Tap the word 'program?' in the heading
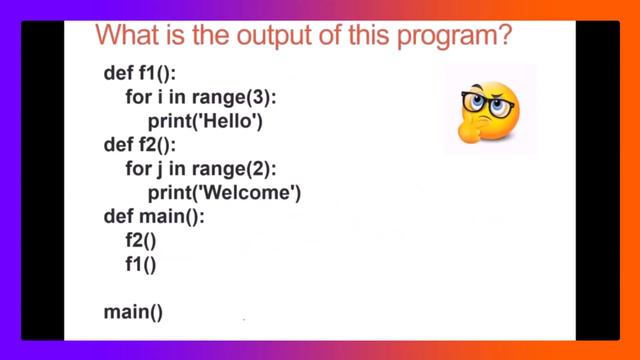(455, 37)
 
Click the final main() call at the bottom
(133, 313)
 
